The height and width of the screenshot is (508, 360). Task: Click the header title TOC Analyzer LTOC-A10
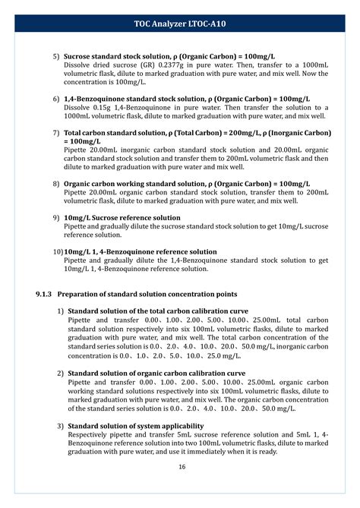click(180, 24)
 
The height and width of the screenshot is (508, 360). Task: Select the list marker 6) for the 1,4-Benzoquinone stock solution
click(56, 99)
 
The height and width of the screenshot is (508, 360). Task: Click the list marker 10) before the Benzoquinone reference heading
click(58, 252)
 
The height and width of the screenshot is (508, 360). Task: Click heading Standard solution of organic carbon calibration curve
click(156, 374)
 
